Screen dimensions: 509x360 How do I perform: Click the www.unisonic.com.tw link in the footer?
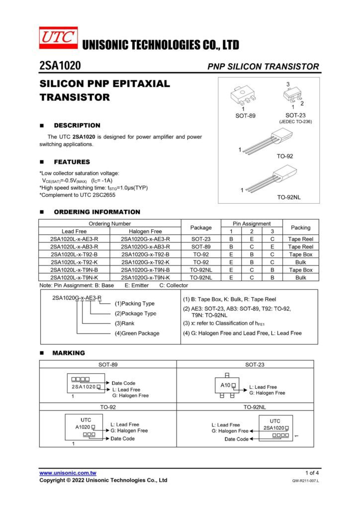click(x=68, y=473)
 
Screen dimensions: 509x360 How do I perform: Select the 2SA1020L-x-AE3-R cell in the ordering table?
click(x=74, y=239)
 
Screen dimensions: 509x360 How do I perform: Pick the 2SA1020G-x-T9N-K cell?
click(x=145, y=277)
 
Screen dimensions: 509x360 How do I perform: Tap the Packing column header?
click(x=300, y=228)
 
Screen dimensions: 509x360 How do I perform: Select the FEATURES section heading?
click(x=72, y=162)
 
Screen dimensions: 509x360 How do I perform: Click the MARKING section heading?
click(x=70, y=353)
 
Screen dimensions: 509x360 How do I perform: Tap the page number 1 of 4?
click(x=312, y=473)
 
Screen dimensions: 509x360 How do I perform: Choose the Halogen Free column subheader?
click(x=145, y=232)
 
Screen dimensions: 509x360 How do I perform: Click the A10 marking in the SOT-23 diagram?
click(x=225, y=385)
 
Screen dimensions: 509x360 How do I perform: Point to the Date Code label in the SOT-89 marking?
click(x=124, y=383)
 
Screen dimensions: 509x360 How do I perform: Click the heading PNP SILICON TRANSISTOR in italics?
click(x=263, y=67)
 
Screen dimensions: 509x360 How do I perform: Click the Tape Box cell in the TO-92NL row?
click(x=300, y=270)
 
